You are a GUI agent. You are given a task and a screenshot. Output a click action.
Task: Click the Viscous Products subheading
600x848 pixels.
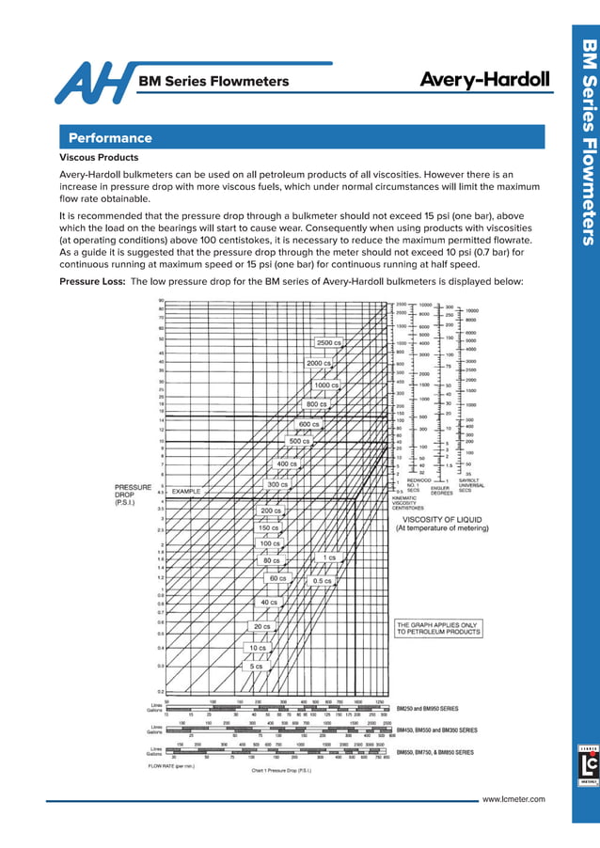[x=99, y=158]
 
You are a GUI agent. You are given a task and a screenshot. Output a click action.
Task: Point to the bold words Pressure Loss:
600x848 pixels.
[x=92, y=281]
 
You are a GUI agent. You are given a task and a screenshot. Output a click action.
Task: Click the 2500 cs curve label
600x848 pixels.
[x=329, y=342]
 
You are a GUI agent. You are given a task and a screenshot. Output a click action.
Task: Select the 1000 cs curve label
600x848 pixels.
[x=326, y=385]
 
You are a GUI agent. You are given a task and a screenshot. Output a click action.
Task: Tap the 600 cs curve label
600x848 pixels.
[x=310, y=424]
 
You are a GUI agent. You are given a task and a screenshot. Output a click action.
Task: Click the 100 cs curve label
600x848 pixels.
[x=270, y=543]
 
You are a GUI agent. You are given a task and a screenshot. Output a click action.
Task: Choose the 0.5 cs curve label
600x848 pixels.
[x=323, y=581]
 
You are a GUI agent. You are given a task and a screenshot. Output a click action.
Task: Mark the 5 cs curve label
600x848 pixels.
[x=256, y=666]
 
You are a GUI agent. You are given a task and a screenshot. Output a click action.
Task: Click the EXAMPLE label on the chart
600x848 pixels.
[x=186, y=491]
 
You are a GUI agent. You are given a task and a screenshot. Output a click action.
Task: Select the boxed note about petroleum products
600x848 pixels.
[x=437, y=628]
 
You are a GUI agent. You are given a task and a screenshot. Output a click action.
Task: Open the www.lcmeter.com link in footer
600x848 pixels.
[x=513, y=798]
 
